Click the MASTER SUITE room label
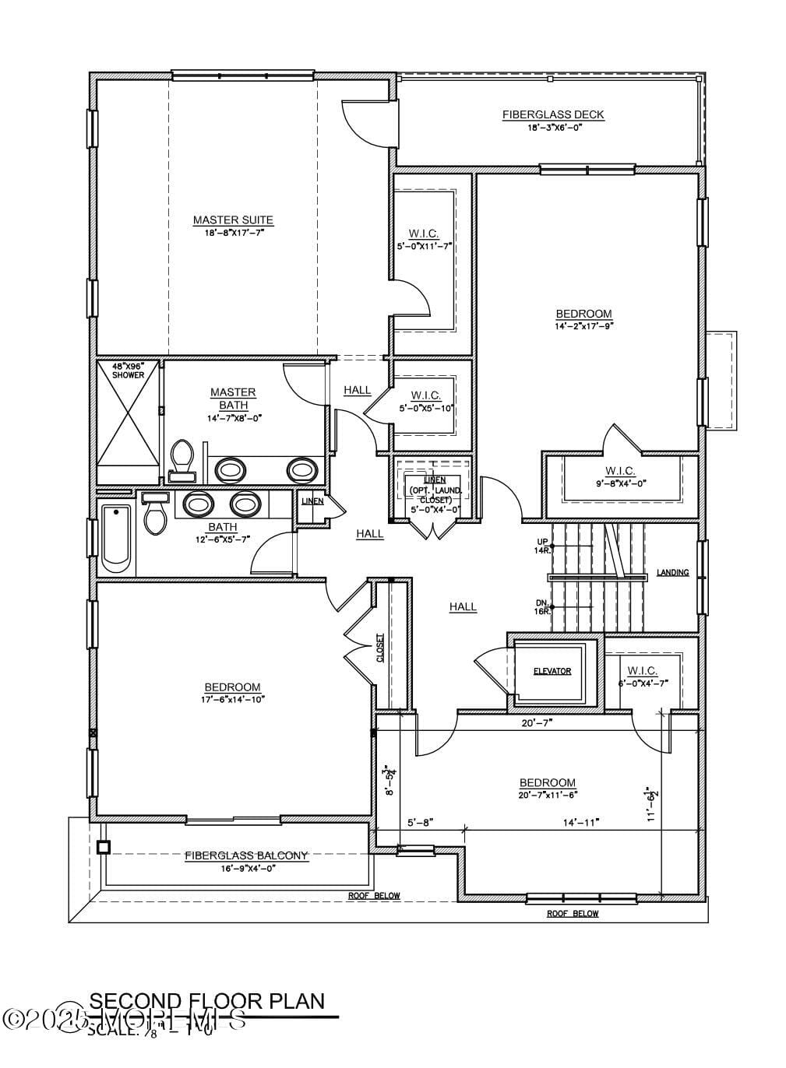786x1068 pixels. coord(233,220)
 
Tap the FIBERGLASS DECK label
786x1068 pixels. coord(552,114)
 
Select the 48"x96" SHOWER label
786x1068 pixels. coord(128,371)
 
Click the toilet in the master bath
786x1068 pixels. coord(182,458)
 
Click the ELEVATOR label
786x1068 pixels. coord(552,671)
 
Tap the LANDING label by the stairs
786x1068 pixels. coord(672,573)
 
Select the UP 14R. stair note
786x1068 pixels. coord(542,546)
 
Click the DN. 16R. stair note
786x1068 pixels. coord(543,607)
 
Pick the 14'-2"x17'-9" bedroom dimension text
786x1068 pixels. coord(584,326)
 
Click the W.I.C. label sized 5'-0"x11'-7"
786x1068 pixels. coord(424,234)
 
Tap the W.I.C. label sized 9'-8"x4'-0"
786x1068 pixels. coord(620,471)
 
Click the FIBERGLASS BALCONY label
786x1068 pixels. coord(246,855)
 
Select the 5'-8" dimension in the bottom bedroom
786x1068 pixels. coord(419,822)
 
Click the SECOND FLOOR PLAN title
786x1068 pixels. coord(206,1001)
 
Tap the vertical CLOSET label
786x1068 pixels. coord(380,648)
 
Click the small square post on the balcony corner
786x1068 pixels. coord(103,848)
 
